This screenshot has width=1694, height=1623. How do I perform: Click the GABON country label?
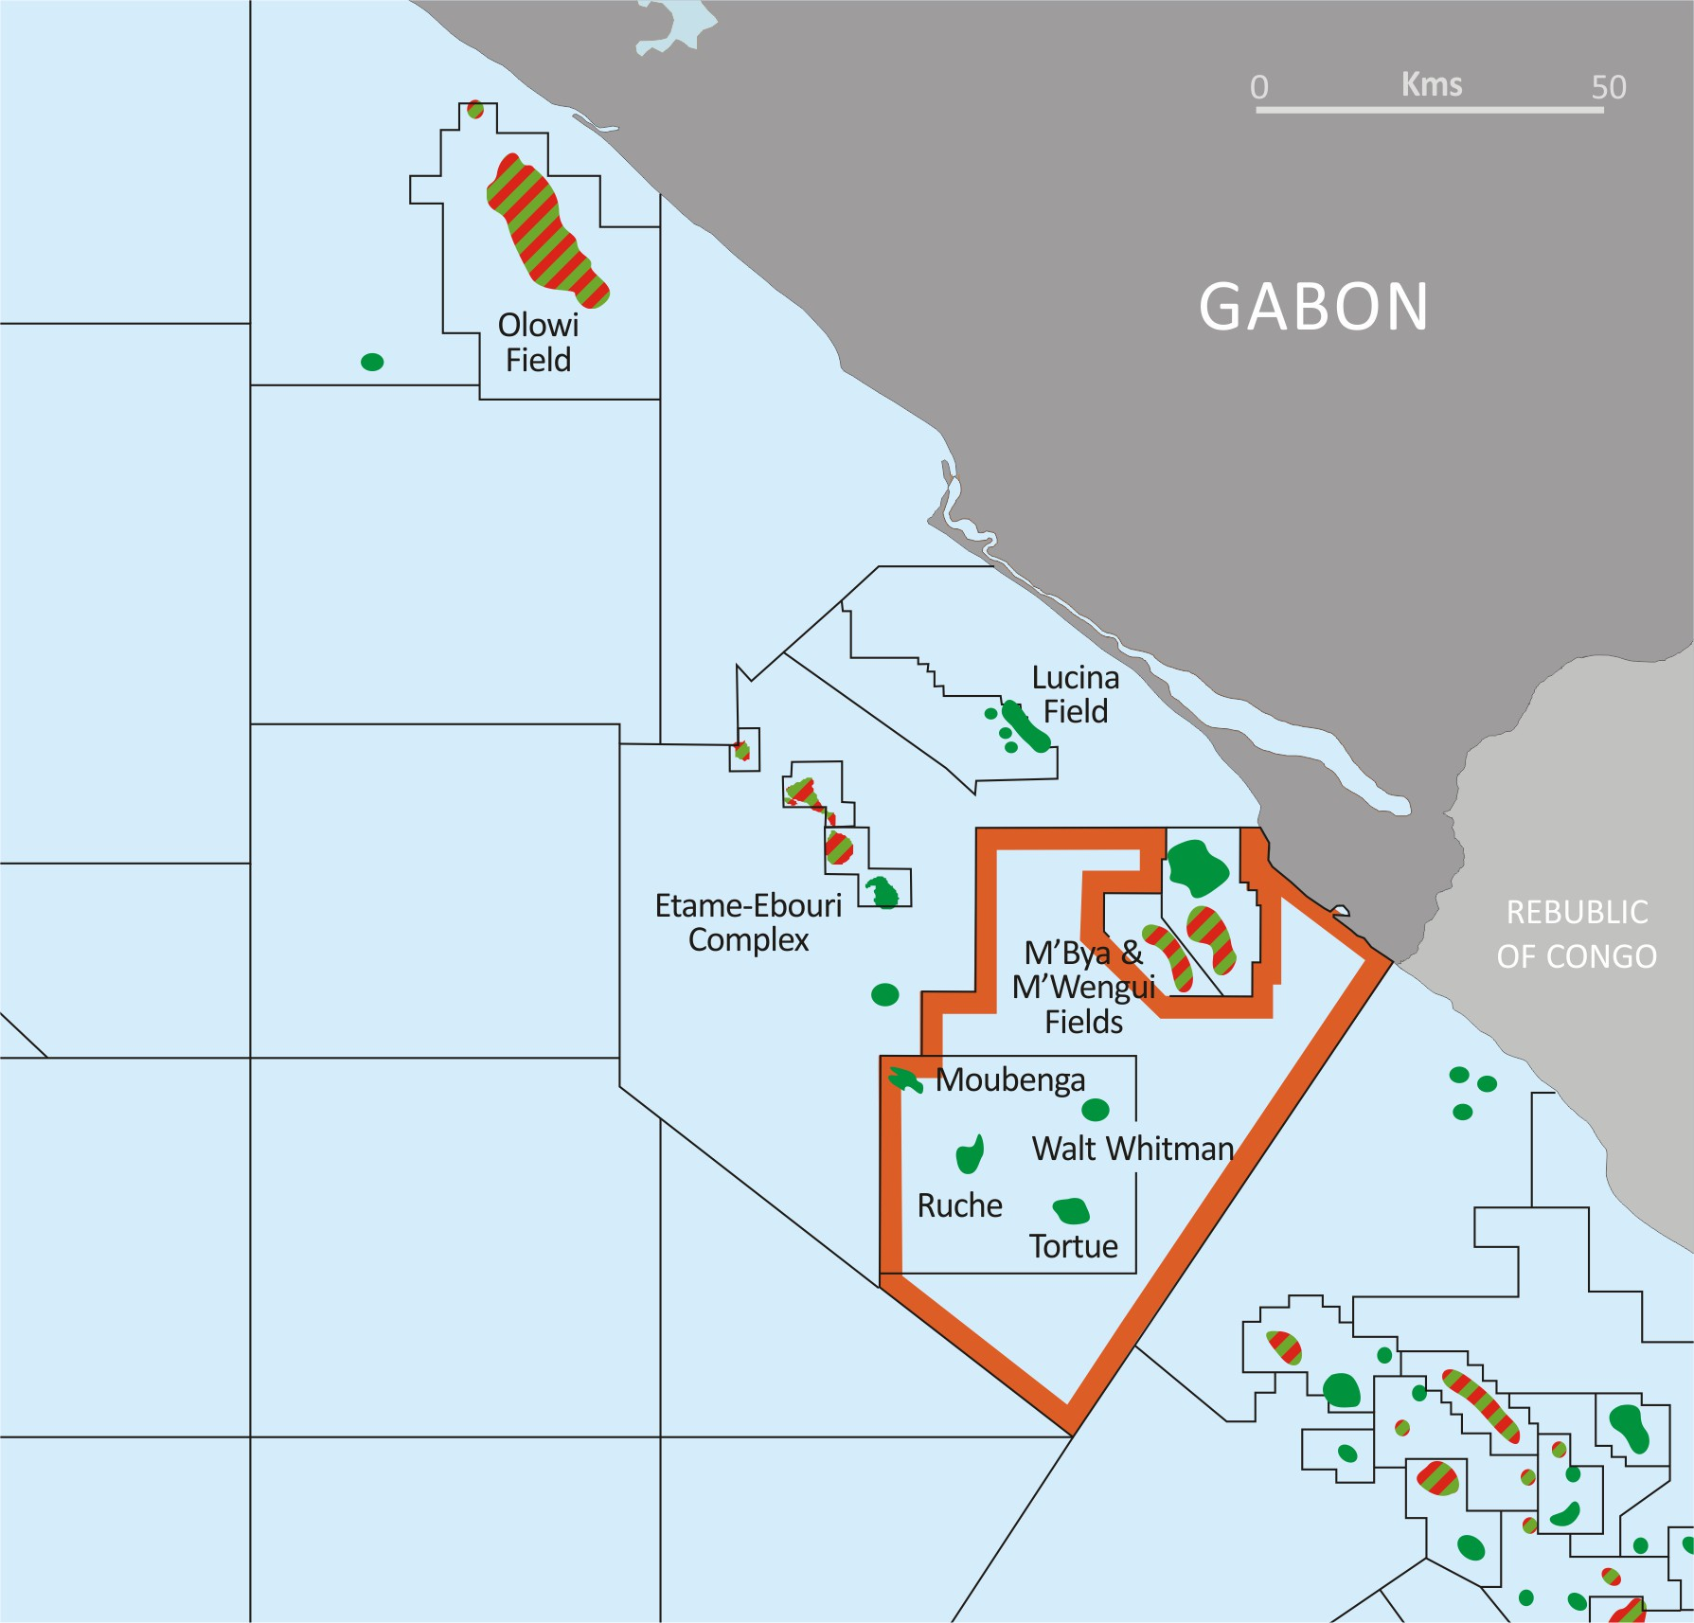1313,308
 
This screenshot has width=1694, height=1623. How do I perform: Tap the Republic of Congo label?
1577,935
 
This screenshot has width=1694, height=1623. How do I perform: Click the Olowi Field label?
538,343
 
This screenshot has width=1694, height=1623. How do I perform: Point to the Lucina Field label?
1076,695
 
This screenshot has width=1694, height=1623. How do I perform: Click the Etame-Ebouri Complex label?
748,923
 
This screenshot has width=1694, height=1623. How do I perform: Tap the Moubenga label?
1010,1080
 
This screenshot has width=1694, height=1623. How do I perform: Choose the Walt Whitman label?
1132,1149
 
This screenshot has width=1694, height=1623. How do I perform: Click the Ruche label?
959,1205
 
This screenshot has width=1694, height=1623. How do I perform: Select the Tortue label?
1074,1246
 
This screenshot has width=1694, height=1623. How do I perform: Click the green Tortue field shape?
1071,1210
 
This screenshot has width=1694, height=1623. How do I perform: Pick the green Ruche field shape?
970,1154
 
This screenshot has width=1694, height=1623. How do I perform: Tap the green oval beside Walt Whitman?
1096,1110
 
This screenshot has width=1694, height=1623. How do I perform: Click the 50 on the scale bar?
1608,87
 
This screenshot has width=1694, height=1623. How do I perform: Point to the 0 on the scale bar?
1259,87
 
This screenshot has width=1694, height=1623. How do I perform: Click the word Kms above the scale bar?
1432,84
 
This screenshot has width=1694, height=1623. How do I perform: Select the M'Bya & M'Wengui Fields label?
1083,988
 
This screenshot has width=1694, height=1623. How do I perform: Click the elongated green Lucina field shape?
1026,727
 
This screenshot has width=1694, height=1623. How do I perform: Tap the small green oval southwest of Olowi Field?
372,362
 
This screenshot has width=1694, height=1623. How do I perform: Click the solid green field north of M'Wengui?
1198,865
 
